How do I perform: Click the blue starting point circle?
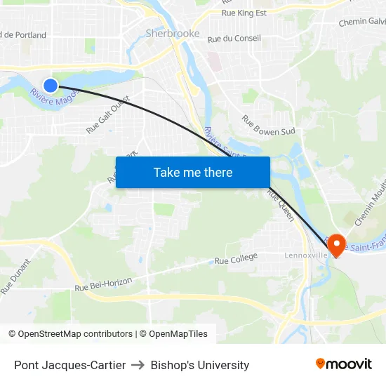51,86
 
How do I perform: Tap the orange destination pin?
336,244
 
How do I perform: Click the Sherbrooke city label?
173,34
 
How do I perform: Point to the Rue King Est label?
244,13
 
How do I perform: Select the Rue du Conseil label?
234,38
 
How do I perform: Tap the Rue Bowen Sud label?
268,125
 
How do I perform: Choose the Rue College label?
236,260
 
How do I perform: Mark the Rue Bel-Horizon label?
103,285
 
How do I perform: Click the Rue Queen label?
281,206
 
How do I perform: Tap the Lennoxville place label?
306,255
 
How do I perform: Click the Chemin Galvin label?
361,22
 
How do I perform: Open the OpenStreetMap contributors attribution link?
75,334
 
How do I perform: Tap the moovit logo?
343,364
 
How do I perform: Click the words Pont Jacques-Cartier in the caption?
70,365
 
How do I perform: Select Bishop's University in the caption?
200,365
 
